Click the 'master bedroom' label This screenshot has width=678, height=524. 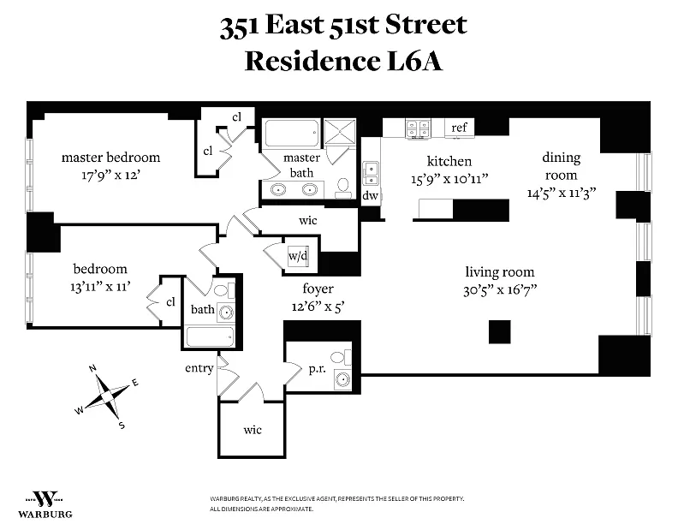pyautogui.click(x=110, y=158)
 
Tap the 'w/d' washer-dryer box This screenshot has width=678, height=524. pyautogui.click(x=297, y=256)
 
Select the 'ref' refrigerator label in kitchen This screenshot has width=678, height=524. pyautogui.click(x=460, y=128)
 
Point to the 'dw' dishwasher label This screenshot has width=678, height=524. pyautogui.click(x=370, y=195)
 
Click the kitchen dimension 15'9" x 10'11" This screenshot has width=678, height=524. pyautogui.click(x=449, y=179)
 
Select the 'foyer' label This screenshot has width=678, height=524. pyautogui.click(x=318, y=289)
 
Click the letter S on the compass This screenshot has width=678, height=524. pyautogui.click(x=122, y=426)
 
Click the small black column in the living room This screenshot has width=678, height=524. pyautogui.click(x=499, y=331)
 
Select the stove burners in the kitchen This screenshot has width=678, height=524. pyautogui.click(x=418, y=128)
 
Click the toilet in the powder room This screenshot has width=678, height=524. pyautogui.click(x=338, y=357)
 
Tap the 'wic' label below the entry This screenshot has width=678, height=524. pyautogui.click(x=252, y=430)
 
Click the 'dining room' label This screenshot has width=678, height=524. pyautogui.click(x=561, y=165)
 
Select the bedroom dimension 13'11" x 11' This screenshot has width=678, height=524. pyautogui.click(x=101, y=287)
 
